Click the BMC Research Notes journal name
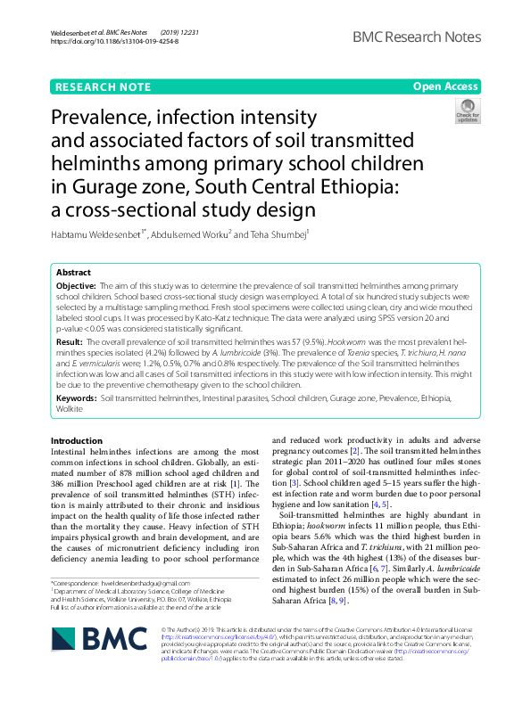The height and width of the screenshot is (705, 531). pyautogui.click(x=417, y=37)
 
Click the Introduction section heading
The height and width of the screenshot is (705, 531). pyautogui.click(x=77, y=440)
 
